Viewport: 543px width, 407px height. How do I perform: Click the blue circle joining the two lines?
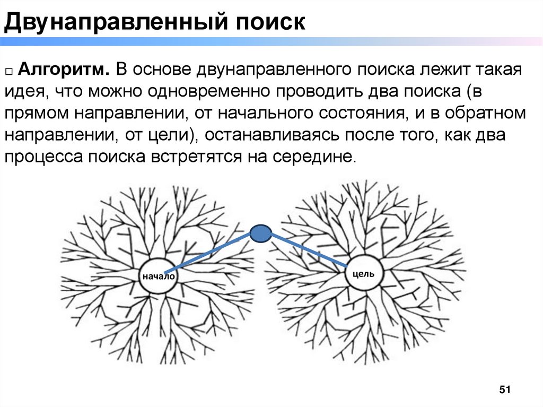pyautogui.click(x=261, y=233)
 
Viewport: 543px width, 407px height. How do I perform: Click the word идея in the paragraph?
pyautogui.click(x=23, y=92)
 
